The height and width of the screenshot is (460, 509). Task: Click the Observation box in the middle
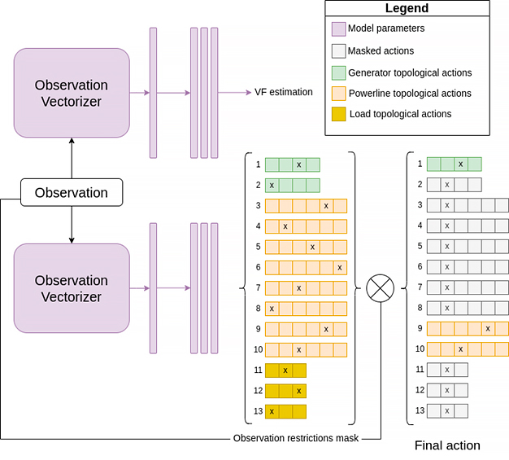[72, 192]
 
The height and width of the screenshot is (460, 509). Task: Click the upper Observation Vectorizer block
[72, 93]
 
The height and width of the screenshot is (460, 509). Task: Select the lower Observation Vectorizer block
[72, 288]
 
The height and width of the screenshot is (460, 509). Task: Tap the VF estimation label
[284, 92]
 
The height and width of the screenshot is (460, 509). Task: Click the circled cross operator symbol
[381, 288]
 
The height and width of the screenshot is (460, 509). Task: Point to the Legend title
[407, 8]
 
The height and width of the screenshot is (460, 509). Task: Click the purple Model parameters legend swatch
[338, 29]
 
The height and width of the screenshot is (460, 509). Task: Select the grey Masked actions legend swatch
[338, 51]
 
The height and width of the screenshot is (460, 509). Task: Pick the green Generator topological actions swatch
[338, 72]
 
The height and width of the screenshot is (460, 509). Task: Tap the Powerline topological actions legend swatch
[338, 94]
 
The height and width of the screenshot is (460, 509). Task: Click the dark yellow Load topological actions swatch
[338, 114]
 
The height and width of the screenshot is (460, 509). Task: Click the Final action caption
[447, 445]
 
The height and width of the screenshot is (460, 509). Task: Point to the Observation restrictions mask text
[296, 438]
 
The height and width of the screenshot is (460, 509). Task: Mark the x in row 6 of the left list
[340, 268]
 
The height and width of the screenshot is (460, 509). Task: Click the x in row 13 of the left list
[272, 412]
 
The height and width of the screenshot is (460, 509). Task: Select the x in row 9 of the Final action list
[488, 329]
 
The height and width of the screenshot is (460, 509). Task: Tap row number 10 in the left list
[258, 349]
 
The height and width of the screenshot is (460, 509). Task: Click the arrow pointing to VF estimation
[234, 93]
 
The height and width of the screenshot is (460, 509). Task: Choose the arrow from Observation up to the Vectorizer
[72, 158]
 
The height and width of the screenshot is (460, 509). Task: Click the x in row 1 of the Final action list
[461, 164]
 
